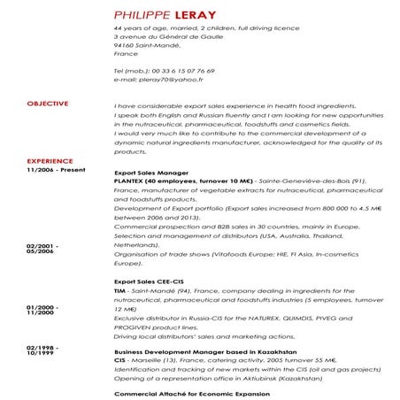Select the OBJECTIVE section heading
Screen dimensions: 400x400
(48, 104)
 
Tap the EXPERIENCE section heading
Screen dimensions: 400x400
(50, 160)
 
